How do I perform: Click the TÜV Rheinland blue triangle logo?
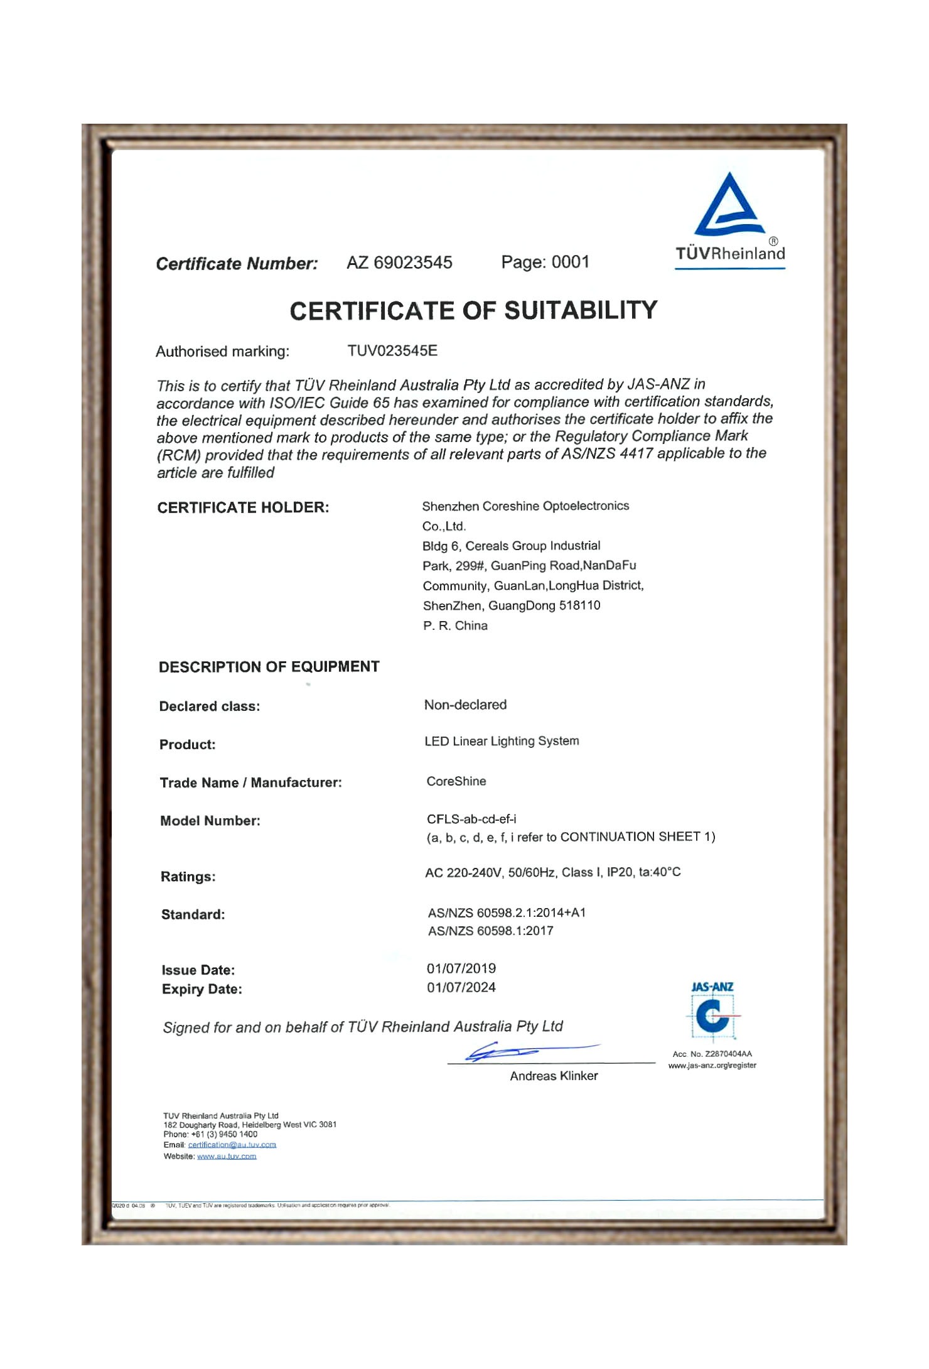729,206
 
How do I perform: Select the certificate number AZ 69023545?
399,262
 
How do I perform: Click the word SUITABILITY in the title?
581,310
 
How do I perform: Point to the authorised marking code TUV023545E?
392,350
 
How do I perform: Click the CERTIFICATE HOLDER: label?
243,507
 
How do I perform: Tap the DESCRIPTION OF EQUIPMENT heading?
269,667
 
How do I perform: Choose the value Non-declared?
465,705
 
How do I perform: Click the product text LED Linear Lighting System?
502,741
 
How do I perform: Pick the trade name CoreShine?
456,781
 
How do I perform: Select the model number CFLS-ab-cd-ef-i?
471,819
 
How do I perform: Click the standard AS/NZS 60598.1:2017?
490,931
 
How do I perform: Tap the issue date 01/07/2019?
461,968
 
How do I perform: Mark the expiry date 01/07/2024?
461,987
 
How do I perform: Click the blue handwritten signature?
515,1051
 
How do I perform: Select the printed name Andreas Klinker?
554,1076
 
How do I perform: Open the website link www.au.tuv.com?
227,1156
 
